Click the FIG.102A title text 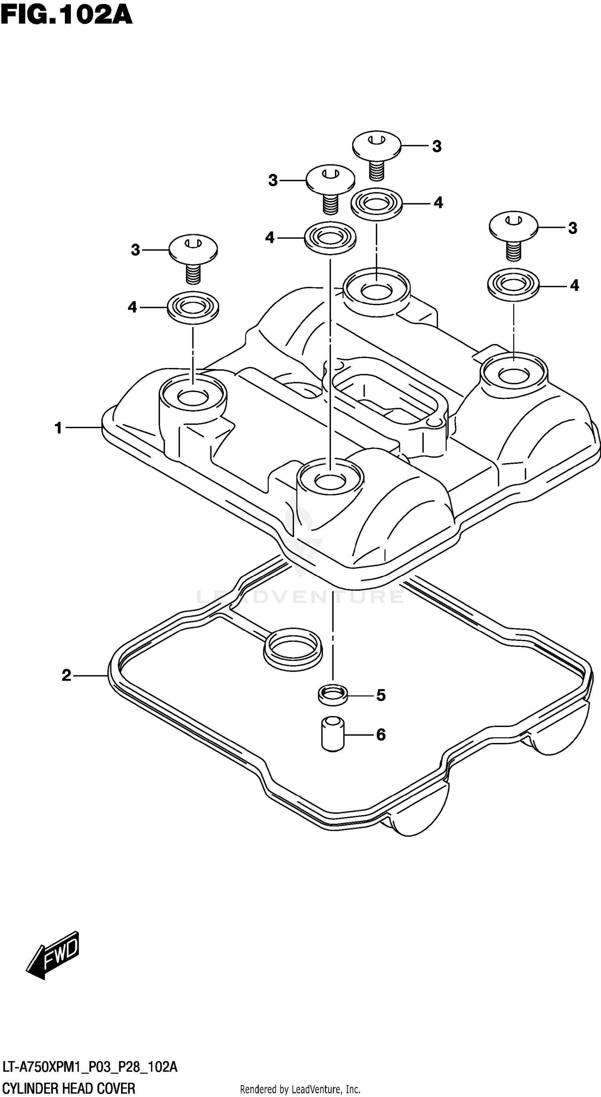tap(66, 16)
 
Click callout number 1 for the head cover tap(59, 428)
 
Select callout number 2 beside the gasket tap(67, 675)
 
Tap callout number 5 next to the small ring tap(381, 695)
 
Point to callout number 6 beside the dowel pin tap(381, 735)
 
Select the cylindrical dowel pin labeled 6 tap(333, 734)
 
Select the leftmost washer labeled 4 tap(193, 307)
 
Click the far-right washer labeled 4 tap(513, 284)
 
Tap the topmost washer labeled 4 tap(377, 203)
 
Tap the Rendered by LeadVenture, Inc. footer tap(300, 1089)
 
